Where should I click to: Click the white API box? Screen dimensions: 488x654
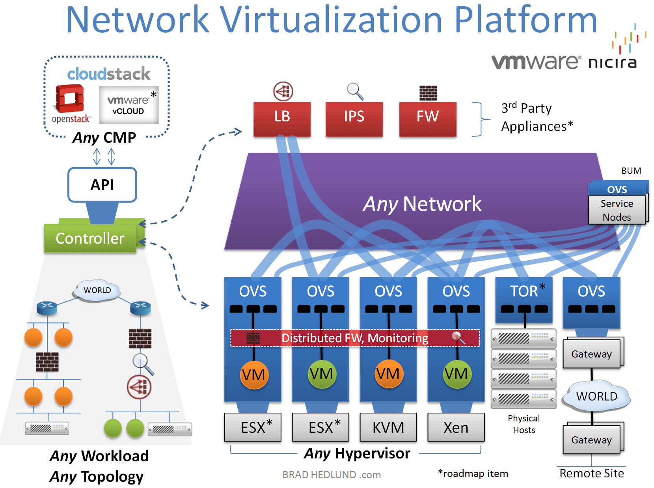click(102, 185)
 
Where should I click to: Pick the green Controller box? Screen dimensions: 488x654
click(90, 238)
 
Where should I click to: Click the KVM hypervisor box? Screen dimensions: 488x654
click(388, 427)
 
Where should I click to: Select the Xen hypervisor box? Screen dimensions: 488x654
click(456, 427)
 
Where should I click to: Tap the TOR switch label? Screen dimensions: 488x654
click(524, 291)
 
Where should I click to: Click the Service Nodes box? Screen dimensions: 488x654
click(617, 210)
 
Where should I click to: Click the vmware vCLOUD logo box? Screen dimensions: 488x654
click(129, 105)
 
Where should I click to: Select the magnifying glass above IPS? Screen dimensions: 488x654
click(355, 91)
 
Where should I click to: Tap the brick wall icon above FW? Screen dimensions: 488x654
click(428, 93)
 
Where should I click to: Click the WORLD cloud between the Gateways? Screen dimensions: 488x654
click(596, 396)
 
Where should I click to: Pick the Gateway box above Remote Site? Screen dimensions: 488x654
click(591, 440)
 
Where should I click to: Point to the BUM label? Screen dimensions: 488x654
click(631, 171)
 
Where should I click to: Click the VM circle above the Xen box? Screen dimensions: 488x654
click(456, 374)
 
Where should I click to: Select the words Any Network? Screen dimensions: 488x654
click(422, 204)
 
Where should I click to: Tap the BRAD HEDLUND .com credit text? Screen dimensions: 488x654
click(332, 475)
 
